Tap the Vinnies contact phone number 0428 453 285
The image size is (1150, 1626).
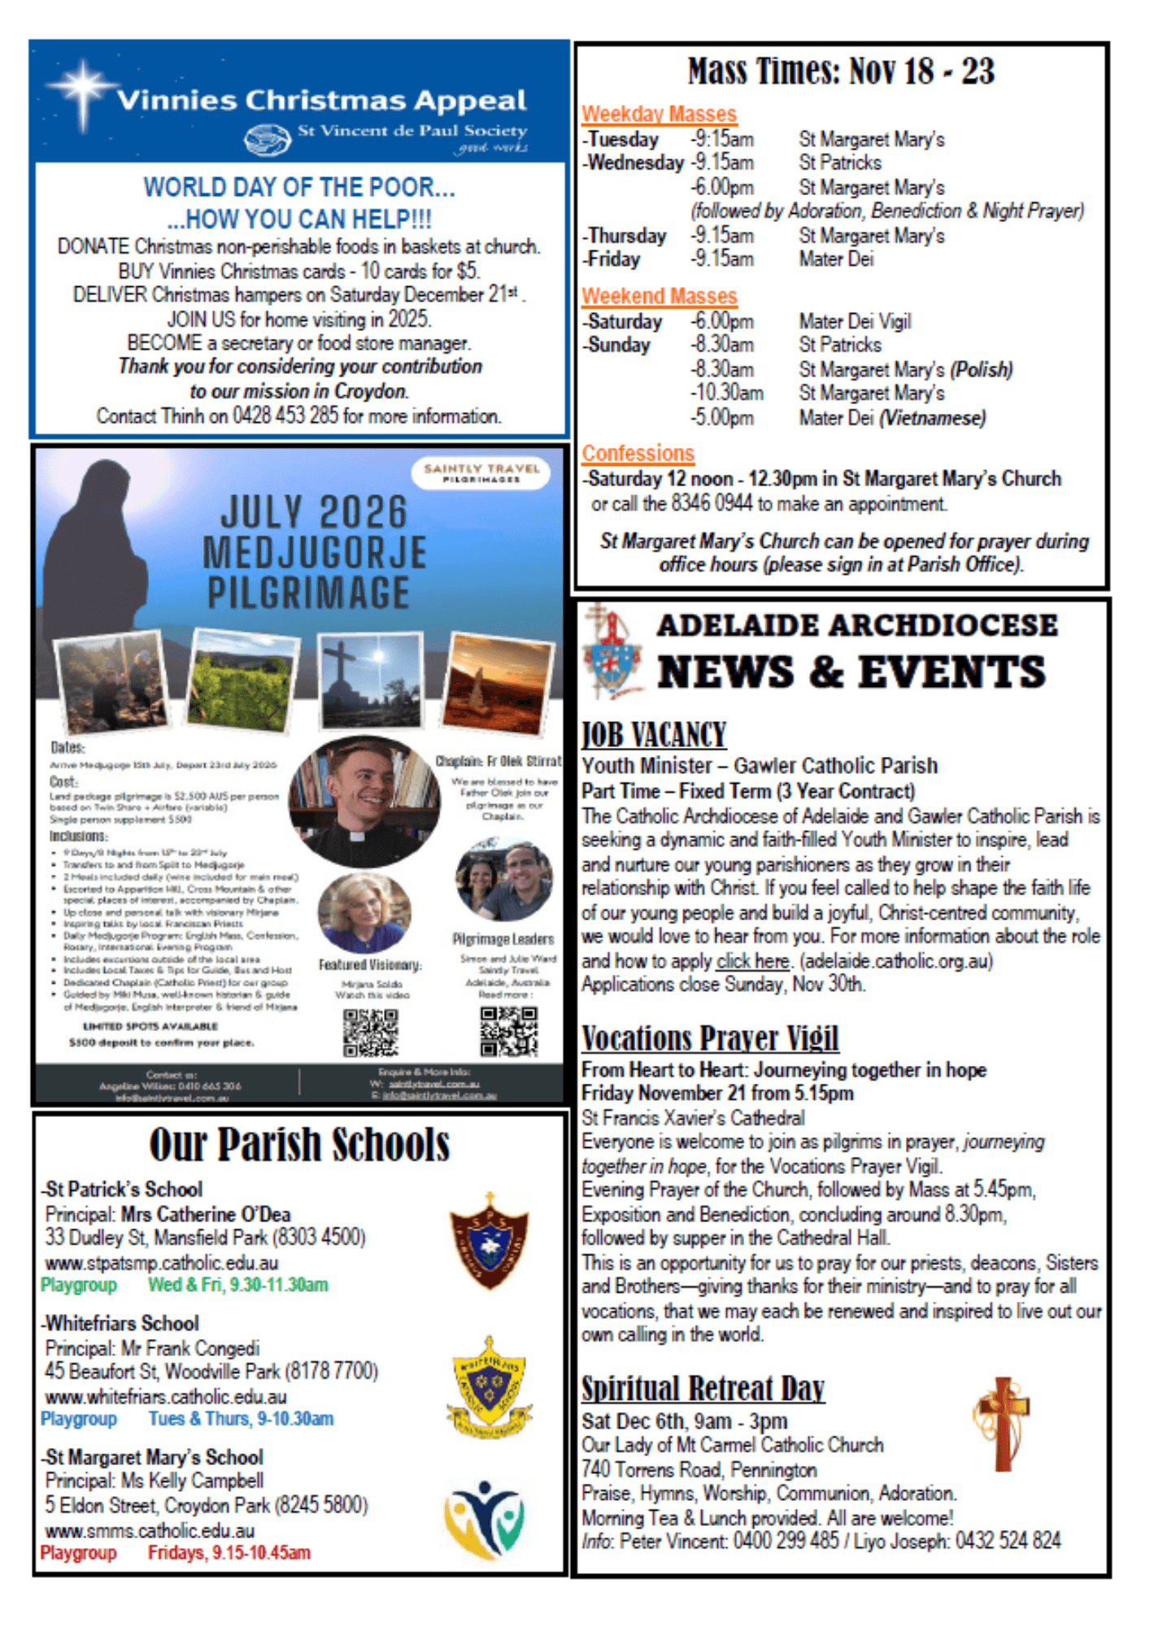click(285, 416)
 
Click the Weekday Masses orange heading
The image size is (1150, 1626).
click(659, 114)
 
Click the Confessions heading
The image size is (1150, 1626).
click(638, 453)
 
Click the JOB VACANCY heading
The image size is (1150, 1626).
click(653, 735)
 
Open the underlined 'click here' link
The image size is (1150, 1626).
click(752, 961)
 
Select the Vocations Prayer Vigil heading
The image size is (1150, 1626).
click(709, 1038)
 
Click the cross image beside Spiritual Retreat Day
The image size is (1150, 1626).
click(1002, 1423)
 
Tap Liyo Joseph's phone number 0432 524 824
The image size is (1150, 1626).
click(1008, 1541)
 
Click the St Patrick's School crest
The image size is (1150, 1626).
click(490, 1241)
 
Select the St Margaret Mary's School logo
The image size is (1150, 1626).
click(485, 1518)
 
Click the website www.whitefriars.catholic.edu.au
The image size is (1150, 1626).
click(166, 1397)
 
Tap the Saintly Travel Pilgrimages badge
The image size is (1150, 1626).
click(481, 472)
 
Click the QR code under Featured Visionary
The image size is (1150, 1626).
click(370, 1033)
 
